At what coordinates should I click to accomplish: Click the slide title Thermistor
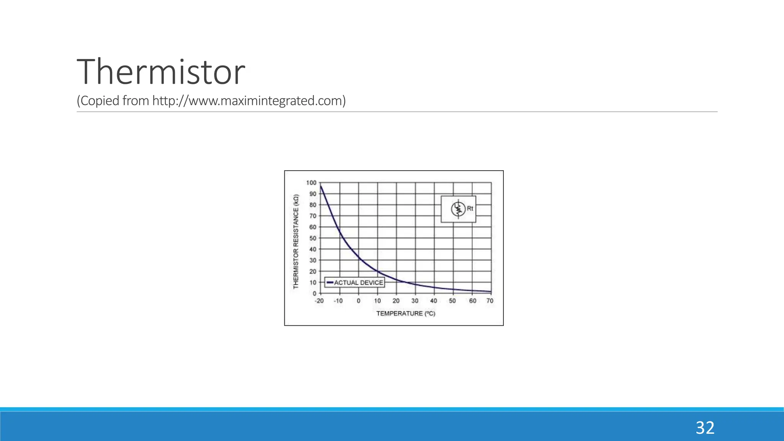(161, 72)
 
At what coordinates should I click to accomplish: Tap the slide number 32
(705, 428)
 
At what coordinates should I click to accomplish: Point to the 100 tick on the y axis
(311, 183)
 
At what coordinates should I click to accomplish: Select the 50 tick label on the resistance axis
(313, 238)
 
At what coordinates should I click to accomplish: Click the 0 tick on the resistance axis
(315, 294)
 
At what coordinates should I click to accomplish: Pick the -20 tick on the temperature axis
(319, 301)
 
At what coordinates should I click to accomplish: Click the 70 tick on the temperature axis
(490, 301)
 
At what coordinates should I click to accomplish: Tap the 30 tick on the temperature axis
(415, 301)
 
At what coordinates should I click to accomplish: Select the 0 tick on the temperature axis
(358, 301)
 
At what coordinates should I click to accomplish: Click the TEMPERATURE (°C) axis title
(406, 314)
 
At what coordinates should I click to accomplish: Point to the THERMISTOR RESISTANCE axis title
(296, 242)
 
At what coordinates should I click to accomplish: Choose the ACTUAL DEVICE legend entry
(355, 283)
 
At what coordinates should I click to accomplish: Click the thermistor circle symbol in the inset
(458, 209)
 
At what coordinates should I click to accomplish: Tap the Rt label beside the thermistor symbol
(470, 209)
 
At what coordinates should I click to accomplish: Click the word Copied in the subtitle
(100, 101)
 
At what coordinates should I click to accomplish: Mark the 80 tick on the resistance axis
(313, 205)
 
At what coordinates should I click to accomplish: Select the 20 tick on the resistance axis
(313, 271)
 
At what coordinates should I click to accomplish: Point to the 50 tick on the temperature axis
(452, 301)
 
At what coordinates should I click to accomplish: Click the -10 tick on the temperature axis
(338, 301)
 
